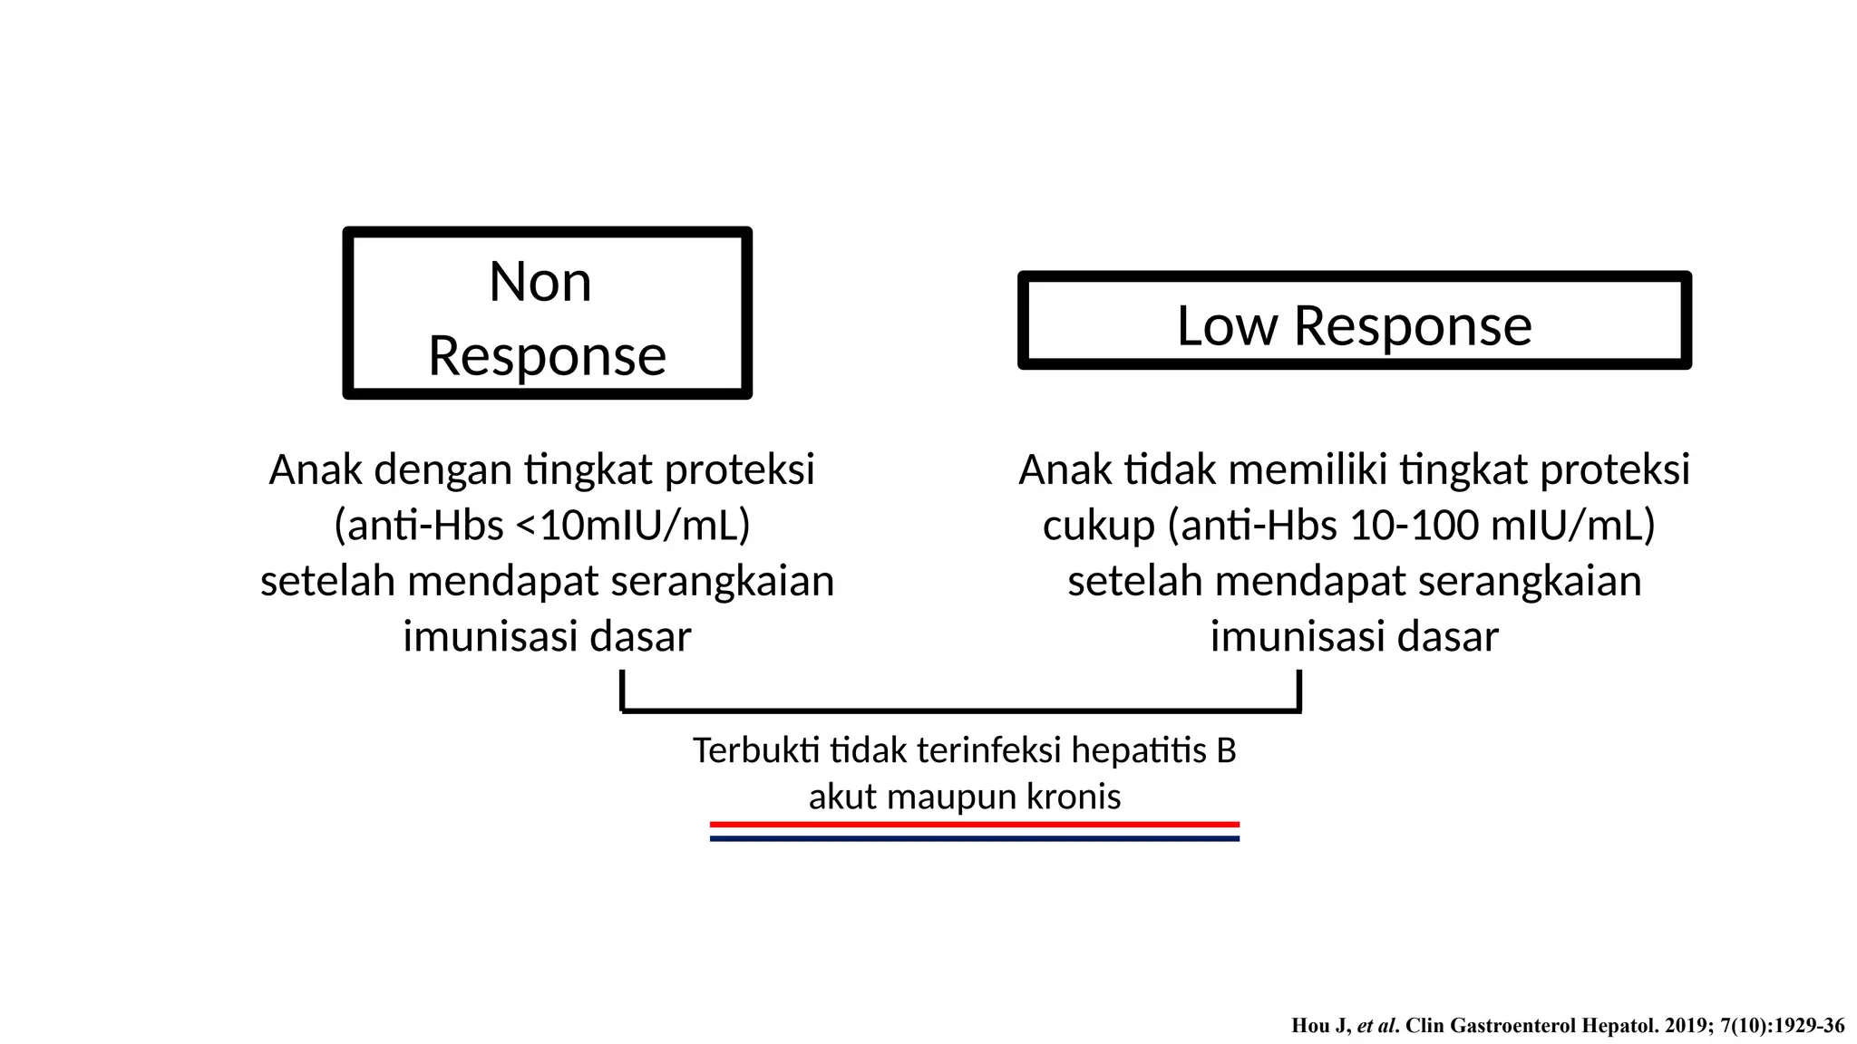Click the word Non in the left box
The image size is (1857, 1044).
[x=540, y=282]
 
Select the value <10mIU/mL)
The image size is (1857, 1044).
[x=632, y=526]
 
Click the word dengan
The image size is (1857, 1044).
[x=443, y=470]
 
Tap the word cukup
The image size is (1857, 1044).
[x=1098, y=526]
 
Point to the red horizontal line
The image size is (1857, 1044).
[x=974, y=825]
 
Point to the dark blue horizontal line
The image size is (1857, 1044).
[x=974, y=839]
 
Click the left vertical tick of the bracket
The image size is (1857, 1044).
[x=623, y=690]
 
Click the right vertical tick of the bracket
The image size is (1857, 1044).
[x=1299, y=690]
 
